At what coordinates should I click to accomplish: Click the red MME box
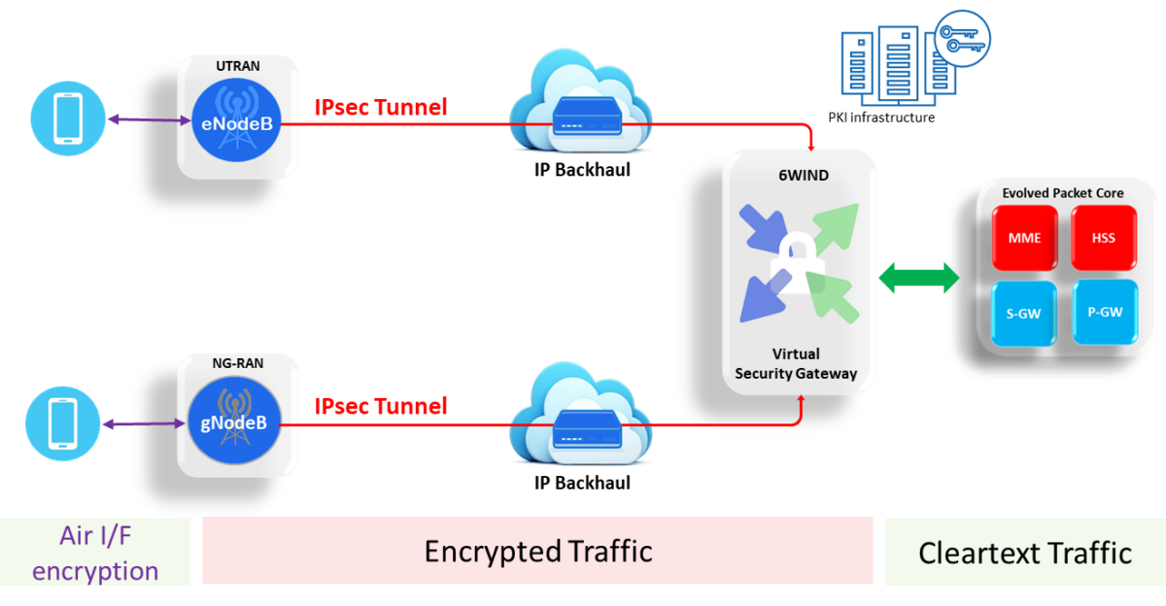1024,238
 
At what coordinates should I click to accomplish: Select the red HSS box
1103,238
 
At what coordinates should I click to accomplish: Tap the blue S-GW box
1024,313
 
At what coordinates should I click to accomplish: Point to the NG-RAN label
238,365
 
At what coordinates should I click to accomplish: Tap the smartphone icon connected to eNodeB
66,119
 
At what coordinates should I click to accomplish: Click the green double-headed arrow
918,278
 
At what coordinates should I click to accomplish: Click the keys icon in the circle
961,39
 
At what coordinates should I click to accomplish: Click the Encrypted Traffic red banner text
537,552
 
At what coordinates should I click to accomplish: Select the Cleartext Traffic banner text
1024,554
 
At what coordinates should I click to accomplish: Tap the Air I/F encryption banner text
94,552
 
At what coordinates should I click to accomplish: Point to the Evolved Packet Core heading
1063,193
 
